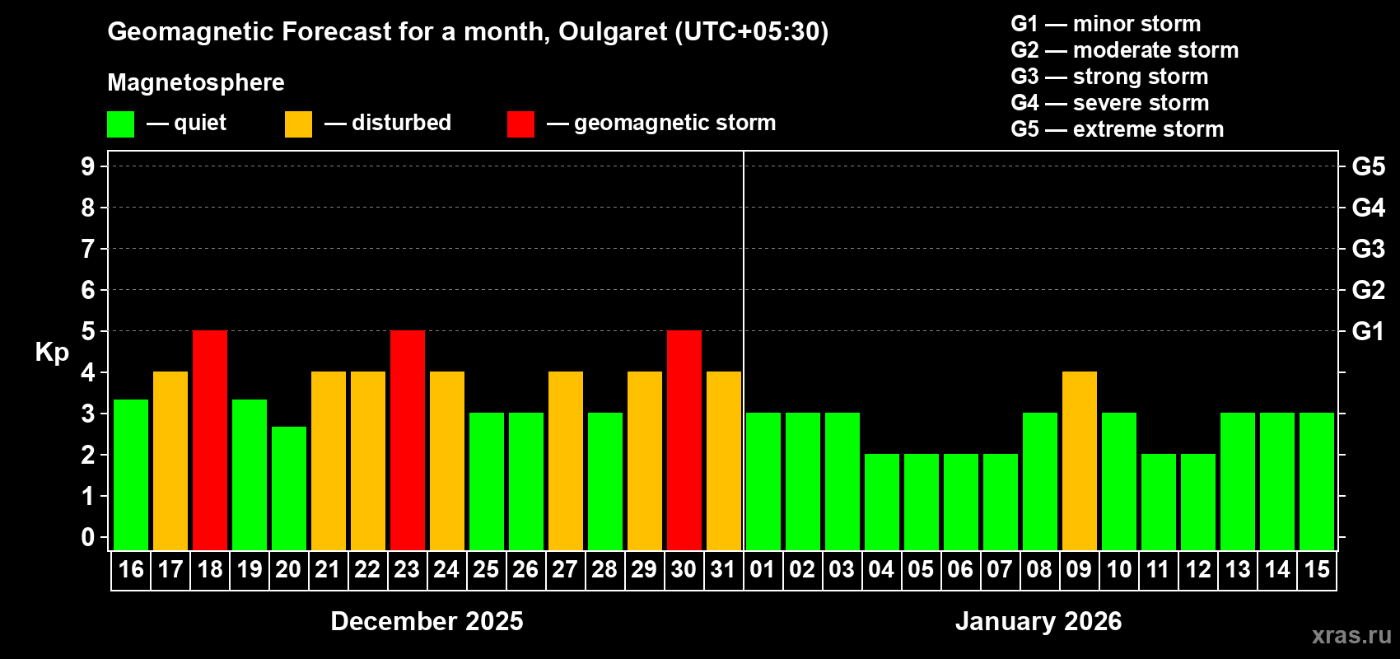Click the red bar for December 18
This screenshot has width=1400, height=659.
210,440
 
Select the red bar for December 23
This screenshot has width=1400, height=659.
408,440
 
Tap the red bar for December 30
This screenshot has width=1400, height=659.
684,440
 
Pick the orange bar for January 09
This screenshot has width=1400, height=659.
1080,460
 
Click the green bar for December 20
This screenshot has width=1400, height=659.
289,488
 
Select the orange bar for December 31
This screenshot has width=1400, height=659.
724,460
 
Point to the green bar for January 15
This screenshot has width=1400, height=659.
1317,481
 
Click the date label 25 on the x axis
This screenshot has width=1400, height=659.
486,569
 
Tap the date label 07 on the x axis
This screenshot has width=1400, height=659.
1000,569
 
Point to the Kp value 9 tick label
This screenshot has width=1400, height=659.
88,166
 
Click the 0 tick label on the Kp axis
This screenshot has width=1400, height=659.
88,538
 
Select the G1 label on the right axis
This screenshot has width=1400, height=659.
1368,331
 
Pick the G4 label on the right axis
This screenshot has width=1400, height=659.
1368,208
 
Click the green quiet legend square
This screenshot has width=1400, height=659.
121,124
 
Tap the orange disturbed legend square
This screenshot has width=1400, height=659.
299,124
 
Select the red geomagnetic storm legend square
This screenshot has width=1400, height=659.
520,124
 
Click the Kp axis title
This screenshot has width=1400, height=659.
52,353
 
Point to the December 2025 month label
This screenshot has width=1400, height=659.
427,621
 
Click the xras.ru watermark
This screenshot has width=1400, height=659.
1351,635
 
